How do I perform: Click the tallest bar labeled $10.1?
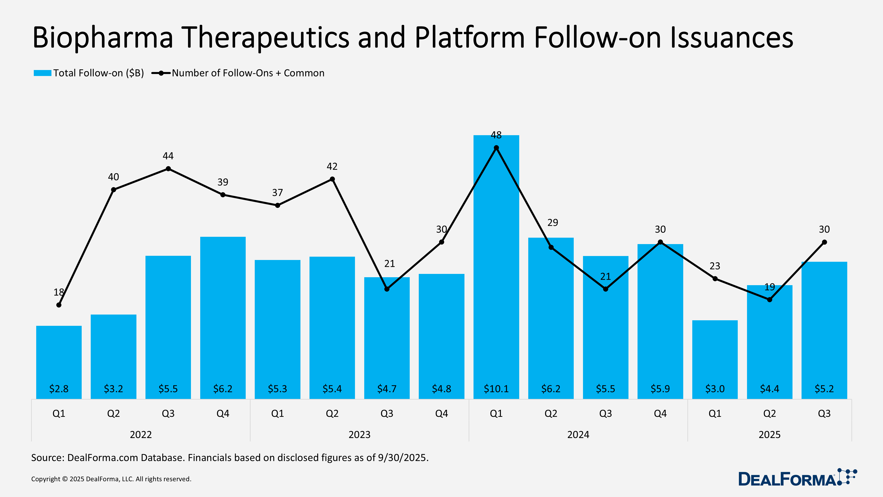[x=496, y=274]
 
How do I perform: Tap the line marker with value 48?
[x=496, y=148]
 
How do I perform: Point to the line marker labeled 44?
[x=168, y=169]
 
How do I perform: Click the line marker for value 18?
[x=59, y=305]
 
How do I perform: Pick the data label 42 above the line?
[x=332, y=167]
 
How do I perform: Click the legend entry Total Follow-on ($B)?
[x=89, y=73]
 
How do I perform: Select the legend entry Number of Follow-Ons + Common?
[x=238, y=73]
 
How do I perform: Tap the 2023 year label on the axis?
[x=359, y=434]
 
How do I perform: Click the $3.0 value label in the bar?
[x=715, y=389]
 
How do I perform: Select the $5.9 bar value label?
[x=660, y=389]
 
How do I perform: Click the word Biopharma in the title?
[x=103, y=38]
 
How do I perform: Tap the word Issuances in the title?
[x=732, y=38]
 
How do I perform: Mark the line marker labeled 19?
[x=770, y=300]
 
